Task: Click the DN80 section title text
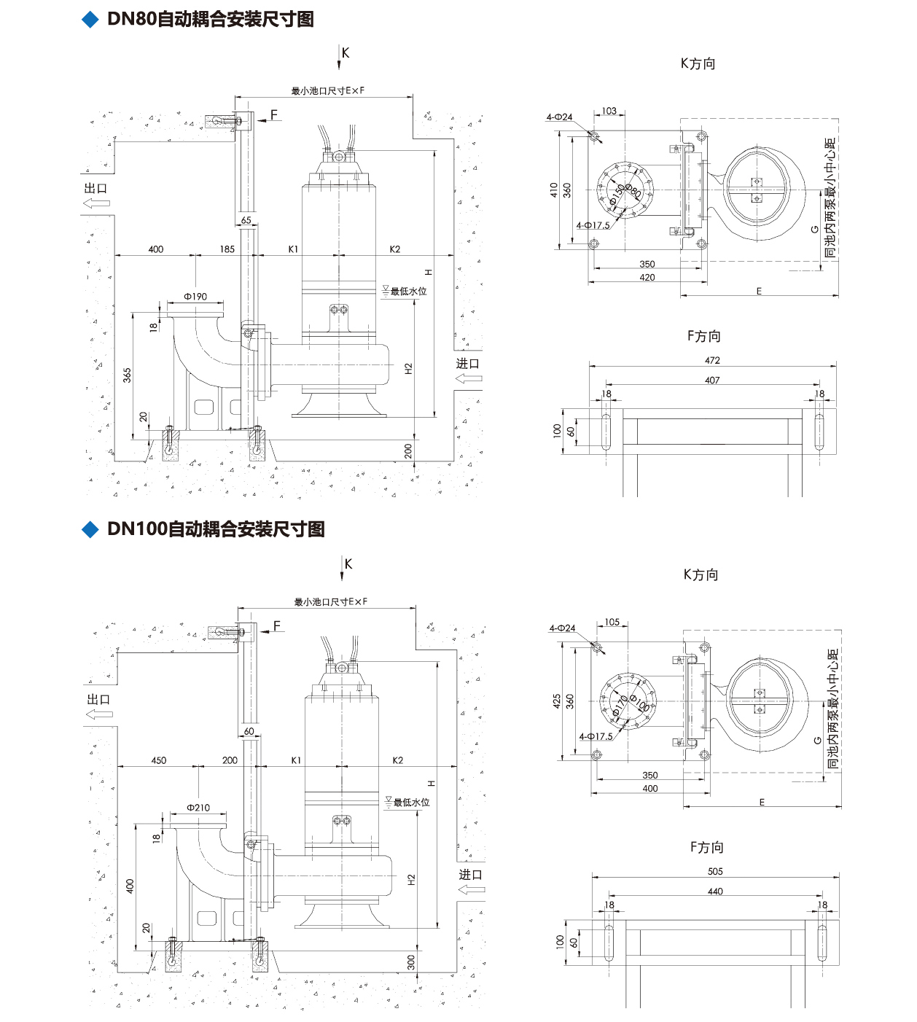(x=210, y=19)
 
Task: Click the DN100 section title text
(x=215, y=529)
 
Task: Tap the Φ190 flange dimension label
(x=195, y=297)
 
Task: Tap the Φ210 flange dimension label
(x=198, y=808)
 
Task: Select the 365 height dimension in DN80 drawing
(x=128, y=375)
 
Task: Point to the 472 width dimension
(x=712, y=360)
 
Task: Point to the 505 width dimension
(x=714, y=871)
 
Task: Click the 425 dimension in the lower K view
(x=557, y=701)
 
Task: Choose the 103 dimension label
(x=609, y=112)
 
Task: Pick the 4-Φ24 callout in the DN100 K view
(x=562, y=628)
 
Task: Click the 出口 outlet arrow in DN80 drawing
(x=96, y=202)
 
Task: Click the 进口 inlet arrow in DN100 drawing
(x=470, y=889)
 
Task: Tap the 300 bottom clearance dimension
(x=411, y=961)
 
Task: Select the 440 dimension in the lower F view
(x=714, y=892)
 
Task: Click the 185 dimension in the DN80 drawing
(x=227, y=249)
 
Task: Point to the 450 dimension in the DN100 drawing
(x=158, y=760)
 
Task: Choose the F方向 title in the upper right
(x=704, y=336)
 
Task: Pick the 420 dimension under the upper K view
(x=647, y=278)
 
